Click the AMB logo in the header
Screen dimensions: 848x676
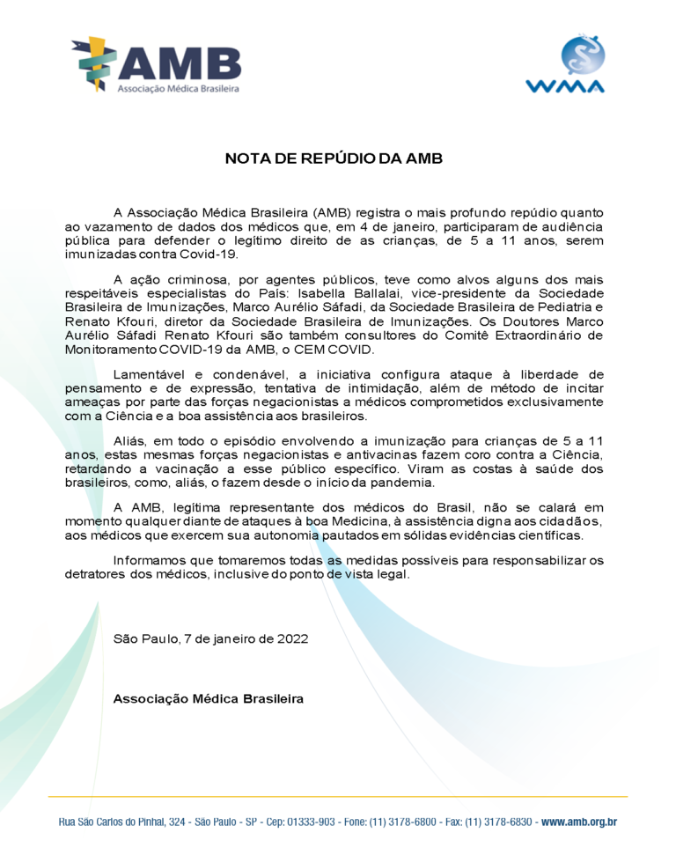coord(156,64)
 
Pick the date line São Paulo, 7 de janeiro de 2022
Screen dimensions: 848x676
coord(210,638)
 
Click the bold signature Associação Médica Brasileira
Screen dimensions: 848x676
coord(209,698)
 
